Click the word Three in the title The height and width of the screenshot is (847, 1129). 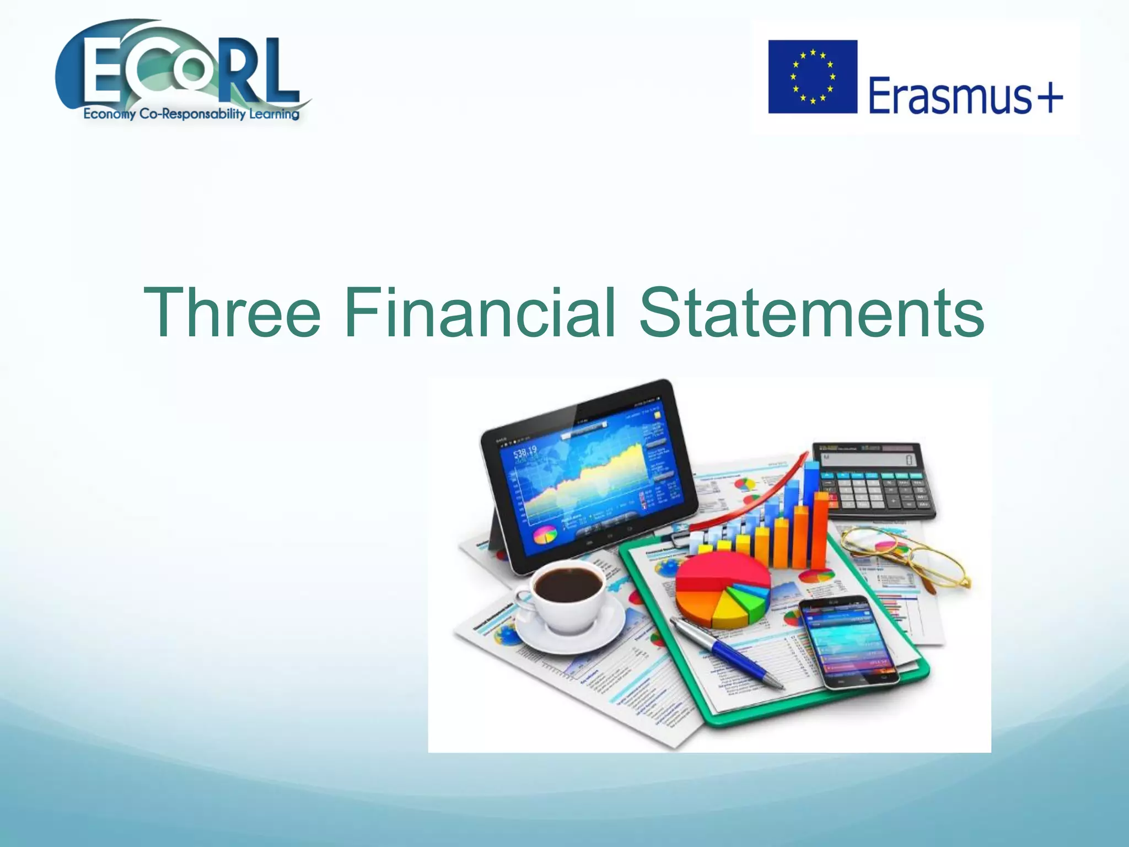click(x=232, y=313)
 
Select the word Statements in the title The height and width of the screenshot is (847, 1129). click(x=811, y=313)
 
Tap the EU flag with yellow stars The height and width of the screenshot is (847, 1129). click(x=813, y=77)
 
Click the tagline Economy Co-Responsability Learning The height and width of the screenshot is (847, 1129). click(x=191, y=114)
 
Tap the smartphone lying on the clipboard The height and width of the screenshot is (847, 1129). click(x=846, y=640)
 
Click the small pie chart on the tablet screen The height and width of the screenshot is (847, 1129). click(x=545, y=534)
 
